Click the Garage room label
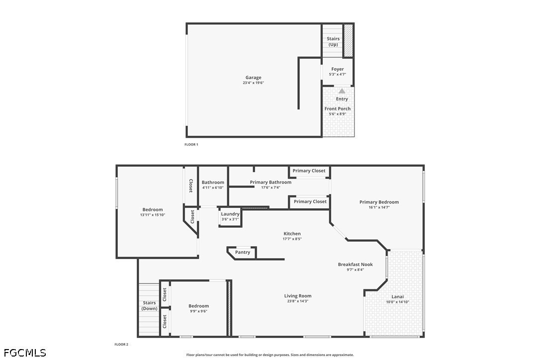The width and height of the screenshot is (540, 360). click(x=253, y=78)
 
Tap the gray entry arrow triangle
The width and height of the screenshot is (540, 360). click(x=342, y=91)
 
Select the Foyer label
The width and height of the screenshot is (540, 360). click(x=338, y=69)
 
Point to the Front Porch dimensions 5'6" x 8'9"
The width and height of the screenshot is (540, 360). click(x=338, y=114)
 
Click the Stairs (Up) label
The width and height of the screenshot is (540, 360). click(x=333, y=41)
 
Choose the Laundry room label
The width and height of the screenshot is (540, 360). click(x=230, y=214)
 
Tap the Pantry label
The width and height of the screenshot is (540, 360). click(x=243, y=252)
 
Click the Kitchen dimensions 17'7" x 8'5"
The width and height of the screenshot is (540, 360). click(x=292, y=239)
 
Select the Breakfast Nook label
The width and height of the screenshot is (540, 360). click(x=356, y=264)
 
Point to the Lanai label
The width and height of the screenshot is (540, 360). click(x=397, y=297)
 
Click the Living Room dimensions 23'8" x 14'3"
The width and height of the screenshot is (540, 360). click(x=297, y=301)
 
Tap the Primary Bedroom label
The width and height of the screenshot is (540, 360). click(x=379, y=202)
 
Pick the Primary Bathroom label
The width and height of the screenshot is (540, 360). click(x=270, y=182)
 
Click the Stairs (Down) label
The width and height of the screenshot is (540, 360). click(x=150, y=306)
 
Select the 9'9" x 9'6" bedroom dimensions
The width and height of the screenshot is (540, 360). click(x=199, y=311)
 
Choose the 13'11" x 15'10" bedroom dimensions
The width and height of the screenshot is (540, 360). click(x=153, y=215)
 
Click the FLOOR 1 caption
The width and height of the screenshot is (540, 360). click(x=191, y=144)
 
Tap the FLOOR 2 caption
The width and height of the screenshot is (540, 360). click(x=121, y=344)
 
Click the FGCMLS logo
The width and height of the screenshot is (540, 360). click(x=25, y=353)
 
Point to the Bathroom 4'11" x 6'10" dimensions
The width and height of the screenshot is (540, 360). click(x=213, y=188)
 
